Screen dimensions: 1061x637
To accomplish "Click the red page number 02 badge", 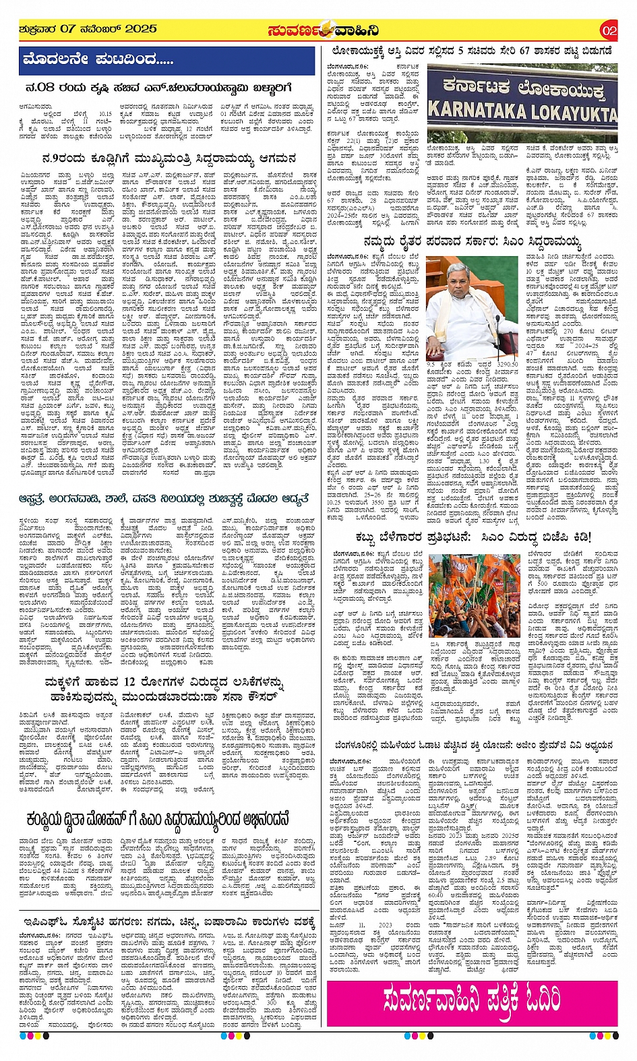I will click(x=608, y=30).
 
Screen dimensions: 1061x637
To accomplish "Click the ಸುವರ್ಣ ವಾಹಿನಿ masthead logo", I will click(x=322, y=30).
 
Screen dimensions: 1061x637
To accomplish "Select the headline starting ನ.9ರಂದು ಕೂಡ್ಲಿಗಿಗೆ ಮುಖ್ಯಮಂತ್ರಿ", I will click(x=167, y=159).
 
